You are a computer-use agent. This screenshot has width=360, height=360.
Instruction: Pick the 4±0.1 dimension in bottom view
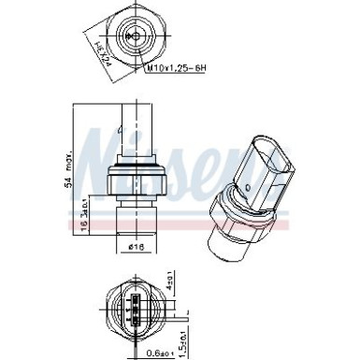pyautogui.click(x=170, y=279)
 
